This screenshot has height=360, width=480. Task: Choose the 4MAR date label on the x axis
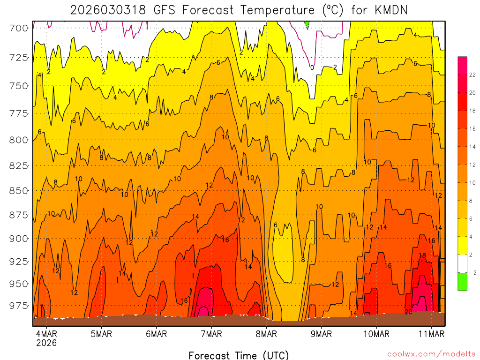tap(46, 334)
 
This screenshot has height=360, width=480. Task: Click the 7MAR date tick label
tap(211, 334)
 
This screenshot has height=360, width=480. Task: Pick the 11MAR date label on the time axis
tap(431, 334)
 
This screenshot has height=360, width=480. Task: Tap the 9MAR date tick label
tap(321, 334)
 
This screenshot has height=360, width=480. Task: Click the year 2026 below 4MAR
tap(46, 343)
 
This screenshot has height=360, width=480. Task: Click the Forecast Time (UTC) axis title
tap(239, 355)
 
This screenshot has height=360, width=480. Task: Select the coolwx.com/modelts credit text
tap(431, 353)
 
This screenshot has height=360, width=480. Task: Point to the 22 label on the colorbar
tap(472, 75)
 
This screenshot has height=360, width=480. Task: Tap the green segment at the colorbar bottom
tap(462, 281)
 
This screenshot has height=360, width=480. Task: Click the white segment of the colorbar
tap(462, 263)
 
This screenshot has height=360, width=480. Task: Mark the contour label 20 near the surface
tap(408, 312)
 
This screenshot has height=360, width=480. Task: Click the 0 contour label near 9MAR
tap(312, 67)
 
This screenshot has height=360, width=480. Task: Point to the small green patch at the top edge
tap(307, 23)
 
